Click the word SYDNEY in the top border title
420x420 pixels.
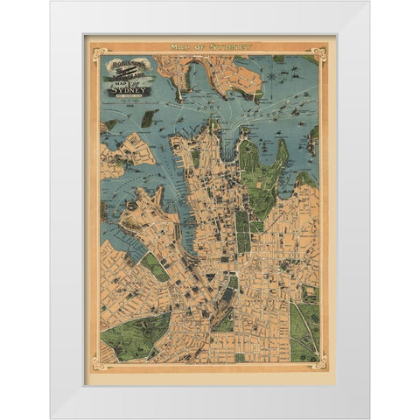pos(233,46)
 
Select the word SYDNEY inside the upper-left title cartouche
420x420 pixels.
pos(129,88)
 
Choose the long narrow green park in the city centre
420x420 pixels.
pos(242,229)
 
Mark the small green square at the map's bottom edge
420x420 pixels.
pos(240,357)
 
